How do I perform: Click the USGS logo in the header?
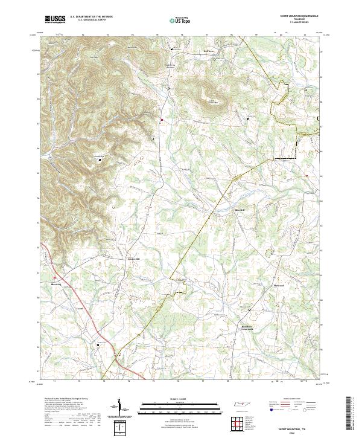click(x=55, y=19)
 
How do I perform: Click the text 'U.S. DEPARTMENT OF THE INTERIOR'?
click(x=91, y=17)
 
